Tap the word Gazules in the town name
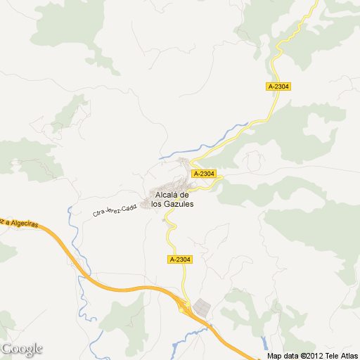180,204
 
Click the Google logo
22,349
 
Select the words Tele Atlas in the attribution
340,356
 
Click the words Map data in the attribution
282,356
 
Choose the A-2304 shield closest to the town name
202,174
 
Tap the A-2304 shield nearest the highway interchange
180,259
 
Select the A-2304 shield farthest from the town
278,86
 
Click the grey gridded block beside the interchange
202,307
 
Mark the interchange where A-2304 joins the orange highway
185,307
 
